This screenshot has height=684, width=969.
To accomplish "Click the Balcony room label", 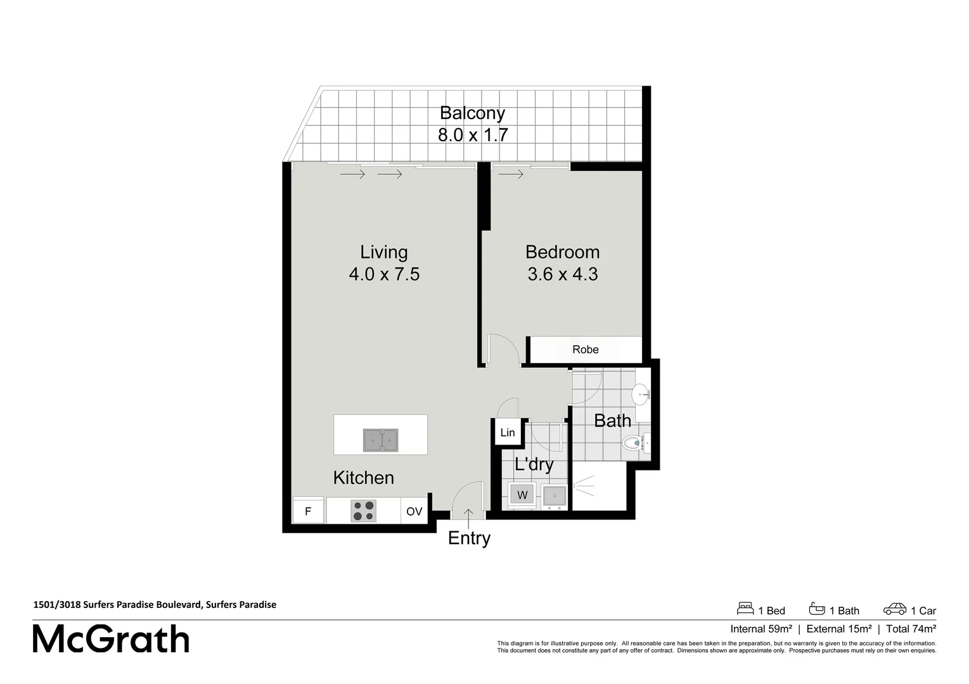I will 472,113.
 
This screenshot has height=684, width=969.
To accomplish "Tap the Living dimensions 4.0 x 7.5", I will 384,274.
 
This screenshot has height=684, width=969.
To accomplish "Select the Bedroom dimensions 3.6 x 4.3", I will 562,274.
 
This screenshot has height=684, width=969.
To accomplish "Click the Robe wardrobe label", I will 585,350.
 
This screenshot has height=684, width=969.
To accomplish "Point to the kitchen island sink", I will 380,440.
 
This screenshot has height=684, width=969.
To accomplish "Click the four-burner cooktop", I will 363,511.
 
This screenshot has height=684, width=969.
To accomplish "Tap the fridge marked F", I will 308,511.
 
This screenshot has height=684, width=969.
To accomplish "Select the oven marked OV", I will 414,511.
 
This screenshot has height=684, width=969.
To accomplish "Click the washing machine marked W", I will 522,495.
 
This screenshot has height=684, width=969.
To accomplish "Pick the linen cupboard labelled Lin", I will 508,433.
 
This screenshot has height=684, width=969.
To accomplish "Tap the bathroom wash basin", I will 641,394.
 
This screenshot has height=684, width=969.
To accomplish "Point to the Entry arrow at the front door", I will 468,517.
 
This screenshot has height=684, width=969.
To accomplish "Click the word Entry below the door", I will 469,538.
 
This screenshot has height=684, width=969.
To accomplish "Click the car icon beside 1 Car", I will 895,609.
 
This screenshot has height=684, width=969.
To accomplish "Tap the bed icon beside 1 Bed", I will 745,609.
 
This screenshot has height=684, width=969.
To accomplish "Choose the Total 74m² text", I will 911,629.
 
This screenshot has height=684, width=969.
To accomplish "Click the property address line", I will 155,604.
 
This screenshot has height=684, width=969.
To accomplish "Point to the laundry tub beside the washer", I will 555,495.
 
